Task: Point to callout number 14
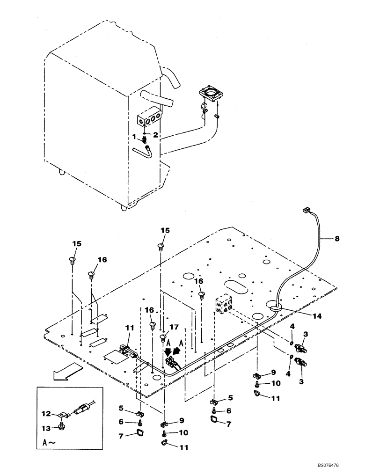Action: point(318,316)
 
